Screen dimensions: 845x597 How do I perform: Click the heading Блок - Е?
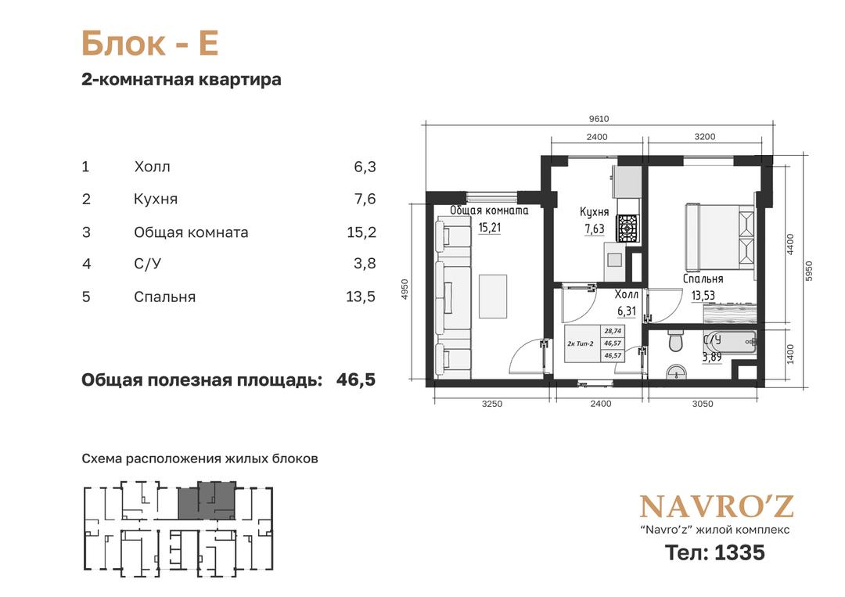click(149, 44)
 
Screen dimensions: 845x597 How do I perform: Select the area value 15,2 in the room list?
click(361, 232)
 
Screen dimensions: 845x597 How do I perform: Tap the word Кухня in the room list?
click(156, 200)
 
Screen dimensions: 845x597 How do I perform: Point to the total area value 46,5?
click(356, 379)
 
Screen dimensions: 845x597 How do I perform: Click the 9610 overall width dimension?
click(599, 119)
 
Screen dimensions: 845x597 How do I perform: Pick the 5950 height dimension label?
click(807, 271)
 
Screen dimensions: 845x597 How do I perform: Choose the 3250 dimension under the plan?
click(491, 404)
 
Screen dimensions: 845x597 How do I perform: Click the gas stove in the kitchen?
click(627, 228)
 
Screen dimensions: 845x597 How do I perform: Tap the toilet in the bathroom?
click(675, 340)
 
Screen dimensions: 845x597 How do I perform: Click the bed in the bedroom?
click(719, 238)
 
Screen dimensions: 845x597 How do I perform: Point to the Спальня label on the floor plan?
click(703, 279)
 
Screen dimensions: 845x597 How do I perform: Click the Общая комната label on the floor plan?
click(489, 210)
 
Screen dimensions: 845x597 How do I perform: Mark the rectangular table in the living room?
click(493, 296)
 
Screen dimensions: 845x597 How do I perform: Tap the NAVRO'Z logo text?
click(716, 506)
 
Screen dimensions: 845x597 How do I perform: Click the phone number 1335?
click(739, 553)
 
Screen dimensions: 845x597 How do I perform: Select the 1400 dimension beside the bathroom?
click(790, 354)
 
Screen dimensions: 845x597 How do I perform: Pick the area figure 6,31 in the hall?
click(627, 311)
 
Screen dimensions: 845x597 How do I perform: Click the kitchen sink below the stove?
click(614, 261)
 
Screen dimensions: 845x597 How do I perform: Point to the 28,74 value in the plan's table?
click(613, 331)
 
